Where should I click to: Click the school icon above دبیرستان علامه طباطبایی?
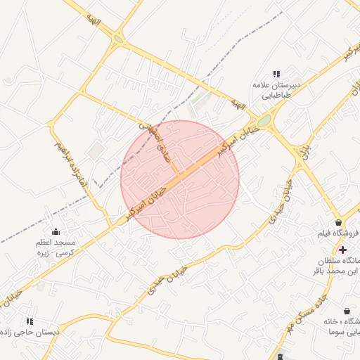(x=276, y=74)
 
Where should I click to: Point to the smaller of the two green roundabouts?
(x=117, y=40)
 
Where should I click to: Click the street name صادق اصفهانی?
(x=156, y=131)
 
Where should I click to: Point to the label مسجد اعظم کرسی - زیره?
(x=56, y=247)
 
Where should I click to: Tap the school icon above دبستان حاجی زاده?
(x=30, y=321)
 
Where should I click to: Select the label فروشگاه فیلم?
(x=338, y=234)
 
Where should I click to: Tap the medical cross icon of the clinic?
(x=342, y=250)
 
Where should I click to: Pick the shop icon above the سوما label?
(x=347, y=310)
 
